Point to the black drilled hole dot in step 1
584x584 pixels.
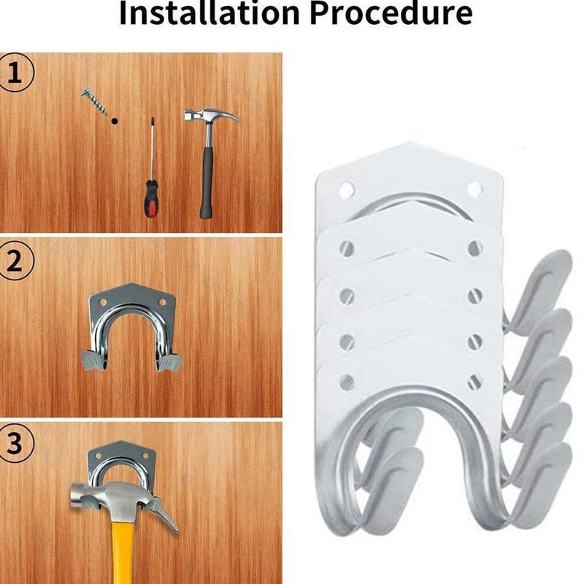coord(114,122)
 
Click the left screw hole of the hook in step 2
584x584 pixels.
coord(102,300)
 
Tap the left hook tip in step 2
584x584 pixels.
coord(86,359)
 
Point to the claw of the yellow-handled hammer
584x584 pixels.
coord(165,515)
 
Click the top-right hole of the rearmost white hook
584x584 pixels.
coord(474,190)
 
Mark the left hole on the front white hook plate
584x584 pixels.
coord(347,382)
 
